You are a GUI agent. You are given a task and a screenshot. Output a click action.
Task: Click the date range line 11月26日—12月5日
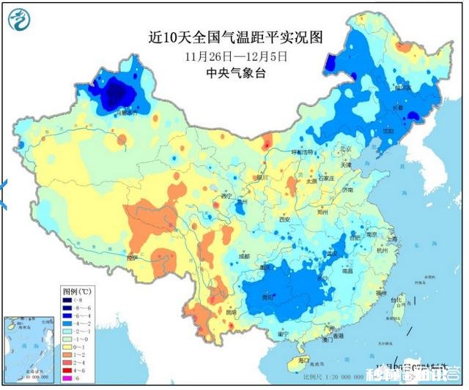pos(237,55)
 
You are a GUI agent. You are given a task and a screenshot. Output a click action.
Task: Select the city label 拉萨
pos(132,258)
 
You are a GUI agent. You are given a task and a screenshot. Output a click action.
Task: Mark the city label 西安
pos(285,220)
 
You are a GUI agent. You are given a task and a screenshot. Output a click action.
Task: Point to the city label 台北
pos(396,300)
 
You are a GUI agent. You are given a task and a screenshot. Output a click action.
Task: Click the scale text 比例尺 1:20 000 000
pos(333,376)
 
